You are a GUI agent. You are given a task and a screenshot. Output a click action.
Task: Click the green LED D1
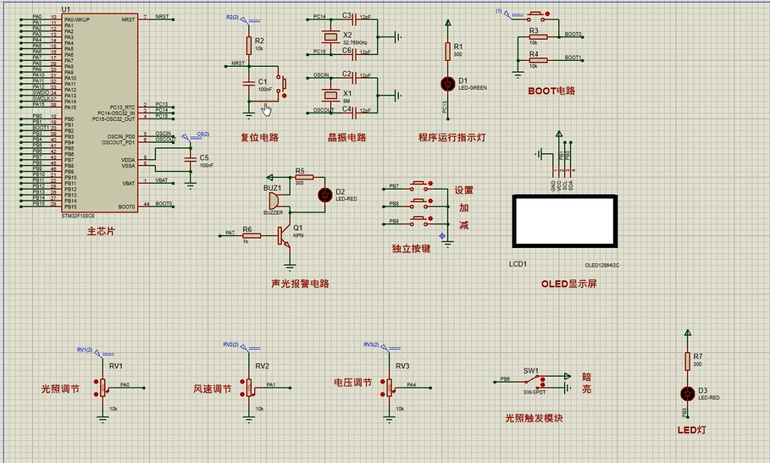click(x=448, y=83)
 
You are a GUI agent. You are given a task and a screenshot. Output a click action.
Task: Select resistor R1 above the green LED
click(x=448, y=52)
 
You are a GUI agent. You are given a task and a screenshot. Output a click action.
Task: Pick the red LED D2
click(x=324, y=194)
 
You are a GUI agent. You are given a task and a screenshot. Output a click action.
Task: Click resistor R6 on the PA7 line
click(x=252, y=234)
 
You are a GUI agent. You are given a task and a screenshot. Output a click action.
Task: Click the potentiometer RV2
click(x=250, y=387)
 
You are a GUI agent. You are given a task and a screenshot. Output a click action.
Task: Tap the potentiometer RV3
click(x=391, y=387)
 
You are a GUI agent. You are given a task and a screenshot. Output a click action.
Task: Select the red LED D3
click(x=686, y=393)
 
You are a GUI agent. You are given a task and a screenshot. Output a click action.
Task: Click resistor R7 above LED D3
click(x=686, y=361)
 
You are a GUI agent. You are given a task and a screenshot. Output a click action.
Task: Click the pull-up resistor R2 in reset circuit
click(x=248, y=46)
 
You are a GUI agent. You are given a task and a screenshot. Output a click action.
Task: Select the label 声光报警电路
click(x=299, y=284)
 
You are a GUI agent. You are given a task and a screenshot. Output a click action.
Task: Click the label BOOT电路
click(x=551, y=91)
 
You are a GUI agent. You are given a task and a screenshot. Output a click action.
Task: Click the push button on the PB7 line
click(x=419, y=185)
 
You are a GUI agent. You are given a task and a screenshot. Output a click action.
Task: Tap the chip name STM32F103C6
click(x=79, y=217)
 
